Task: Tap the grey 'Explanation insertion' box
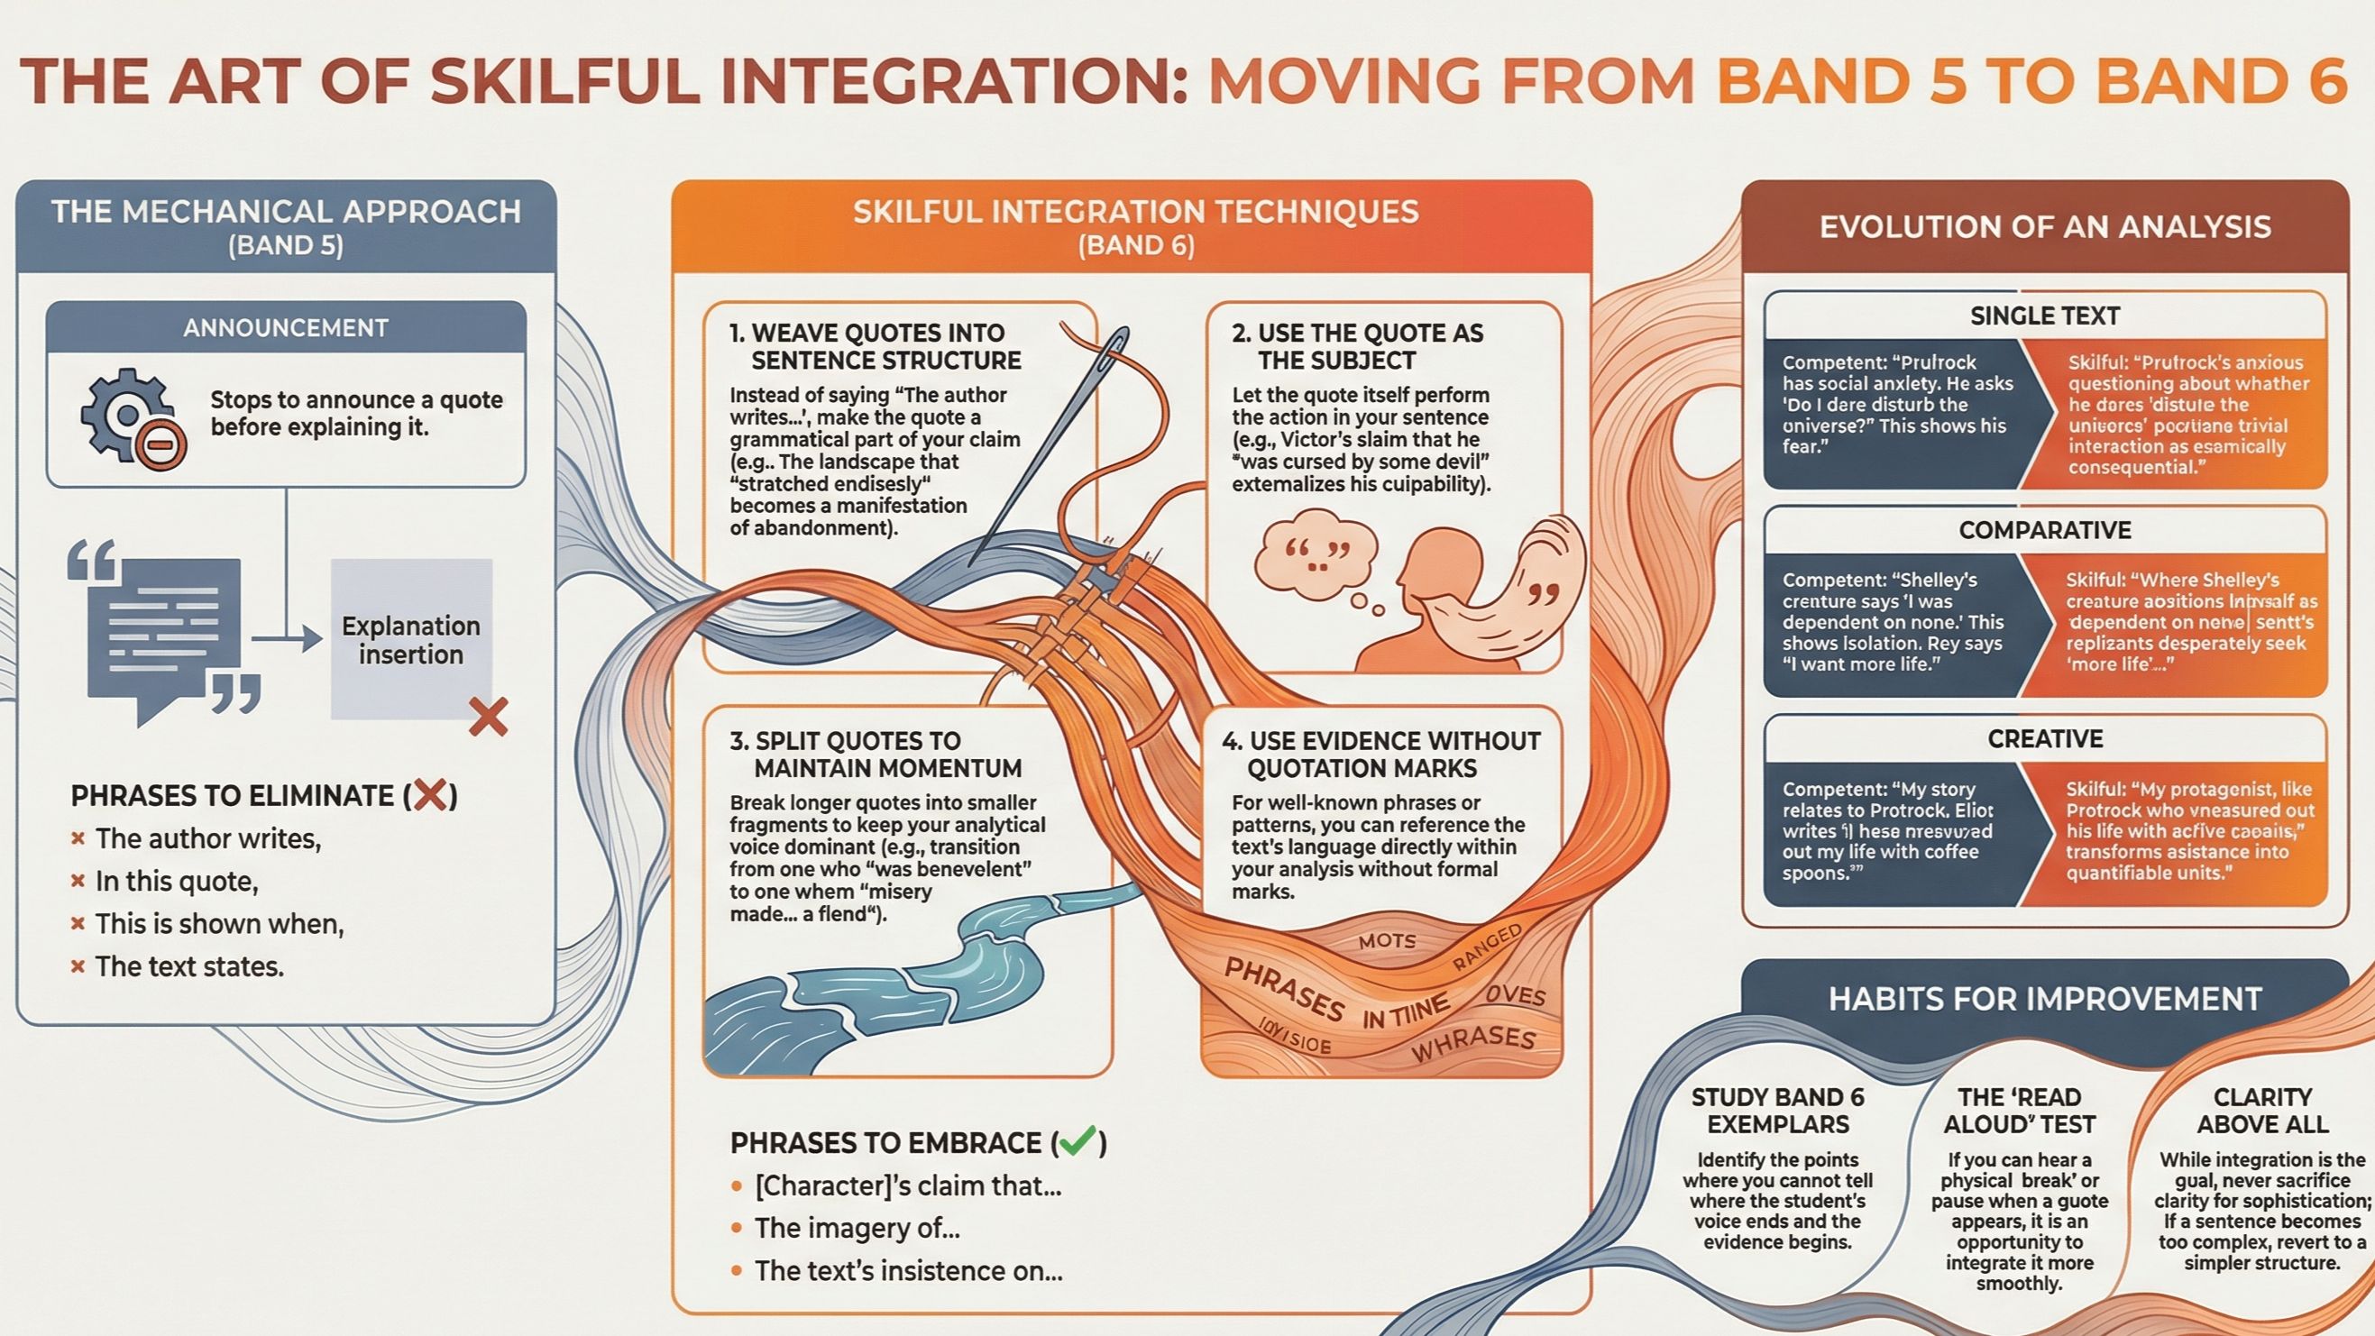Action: tap(411, 639)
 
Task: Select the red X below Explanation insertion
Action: tap(488, 717)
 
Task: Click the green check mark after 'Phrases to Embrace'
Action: tap(1077, 1141)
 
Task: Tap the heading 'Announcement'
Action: tap(286, 328)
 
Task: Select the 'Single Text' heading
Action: tap(2045, 316)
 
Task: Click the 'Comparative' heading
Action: tap(2045, 530)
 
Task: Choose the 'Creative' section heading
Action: tap(2045, 738)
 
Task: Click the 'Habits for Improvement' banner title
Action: tap(2045, 999)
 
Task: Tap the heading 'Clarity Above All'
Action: tap(2262, 1110)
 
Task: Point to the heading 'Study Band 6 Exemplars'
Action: tap(1777, 1110)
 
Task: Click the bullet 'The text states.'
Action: tap(189, 966)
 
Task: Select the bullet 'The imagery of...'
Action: tap(857, 1228)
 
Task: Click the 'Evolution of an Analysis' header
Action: tap(2045, 227)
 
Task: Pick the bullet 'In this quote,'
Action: tap(176, 882)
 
